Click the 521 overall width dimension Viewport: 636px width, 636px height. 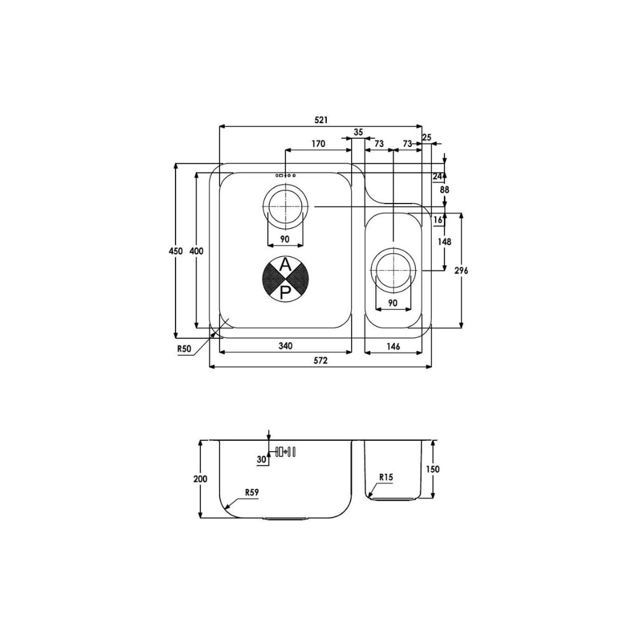(321, 120)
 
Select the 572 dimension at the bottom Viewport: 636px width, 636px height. (321, 360)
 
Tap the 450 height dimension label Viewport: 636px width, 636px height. (176, 251)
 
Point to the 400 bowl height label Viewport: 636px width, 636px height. (197, 251)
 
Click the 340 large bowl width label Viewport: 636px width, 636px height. (285, 345)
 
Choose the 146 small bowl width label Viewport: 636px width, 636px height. (394, 346)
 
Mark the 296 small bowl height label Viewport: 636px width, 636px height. (461, 270)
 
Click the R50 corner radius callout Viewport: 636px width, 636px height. (184, 350)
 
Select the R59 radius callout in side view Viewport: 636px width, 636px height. (251, 492)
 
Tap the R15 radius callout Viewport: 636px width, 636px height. (386, 478)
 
